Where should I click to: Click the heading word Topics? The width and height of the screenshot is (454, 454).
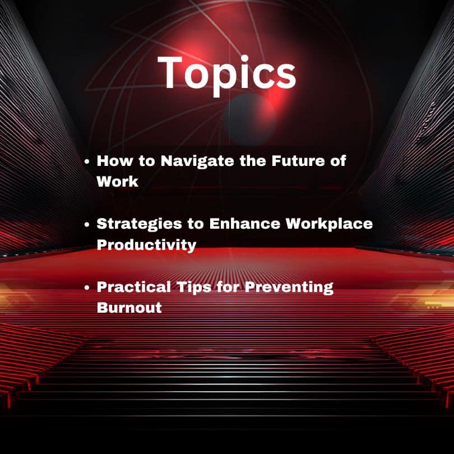(227, 75)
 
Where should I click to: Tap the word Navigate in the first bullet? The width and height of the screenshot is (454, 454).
(197, 161)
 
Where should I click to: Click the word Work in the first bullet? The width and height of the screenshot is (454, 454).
(118, 182)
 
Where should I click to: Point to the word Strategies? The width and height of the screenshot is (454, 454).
(140, 224)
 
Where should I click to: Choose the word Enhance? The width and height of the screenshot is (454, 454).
(245, 224)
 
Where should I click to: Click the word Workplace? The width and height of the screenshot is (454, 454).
(329, 224)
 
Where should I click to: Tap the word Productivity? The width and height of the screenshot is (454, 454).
(146, 245)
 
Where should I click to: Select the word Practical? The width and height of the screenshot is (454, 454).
(134, 287)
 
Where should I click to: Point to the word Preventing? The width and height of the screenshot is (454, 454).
(289, 288)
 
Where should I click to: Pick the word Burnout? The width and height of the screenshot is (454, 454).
(129, 308)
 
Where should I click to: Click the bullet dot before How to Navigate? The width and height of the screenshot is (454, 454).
(87, 161)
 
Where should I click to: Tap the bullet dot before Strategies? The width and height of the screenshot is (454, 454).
(87, 224)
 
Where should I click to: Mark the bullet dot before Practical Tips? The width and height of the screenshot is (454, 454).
(87, 288)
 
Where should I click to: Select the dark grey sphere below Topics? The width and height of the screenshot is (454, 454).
(249, 119)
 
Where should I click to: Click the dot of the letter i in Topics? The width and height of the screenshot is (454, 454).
(245, 59)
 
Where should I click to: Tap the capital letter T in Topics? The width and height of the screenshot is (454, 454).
(170, 72)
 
